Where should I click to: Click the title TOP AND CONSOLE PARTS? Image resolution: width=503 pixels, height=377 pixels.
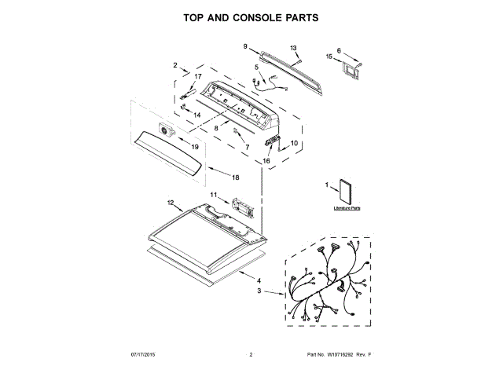tap(251, 16)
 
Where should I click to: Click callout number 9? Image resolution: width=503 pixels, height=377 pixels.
tap(245, 46)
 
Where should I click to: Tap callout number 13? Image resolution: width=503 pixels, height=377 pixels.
tap(294, 49)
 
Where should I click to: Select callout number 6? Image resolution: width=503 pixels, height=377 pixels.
tap(339, 50)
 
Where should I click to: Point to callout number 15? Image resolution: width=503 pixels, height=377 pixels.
tap(329, 57)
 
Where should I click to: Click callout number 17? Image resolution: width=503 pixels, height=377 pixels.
tap(187, 76)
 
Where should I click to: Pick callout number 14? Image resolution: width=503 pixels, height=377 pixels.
tap(187, 115)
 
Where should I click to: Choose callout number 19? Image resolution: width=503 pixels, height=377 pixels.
tap(194, 147)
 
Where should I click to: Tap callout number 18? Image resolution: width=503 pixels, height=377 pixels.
tap(235, 178)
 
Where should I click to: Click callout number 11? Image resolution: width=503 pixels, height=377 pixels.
tap(213, 194)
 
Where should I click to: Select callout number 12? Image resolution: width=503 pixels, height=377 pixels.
tap(169, 203)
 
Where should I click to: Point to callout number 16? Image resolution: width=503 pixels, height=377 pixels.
tap(266, 160)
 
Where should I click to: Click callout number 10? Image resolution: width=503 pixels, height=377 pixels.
tap(295, 144)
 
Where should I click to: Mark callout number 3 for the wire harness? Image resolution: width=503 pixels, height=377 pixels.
tap(259, 291)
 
